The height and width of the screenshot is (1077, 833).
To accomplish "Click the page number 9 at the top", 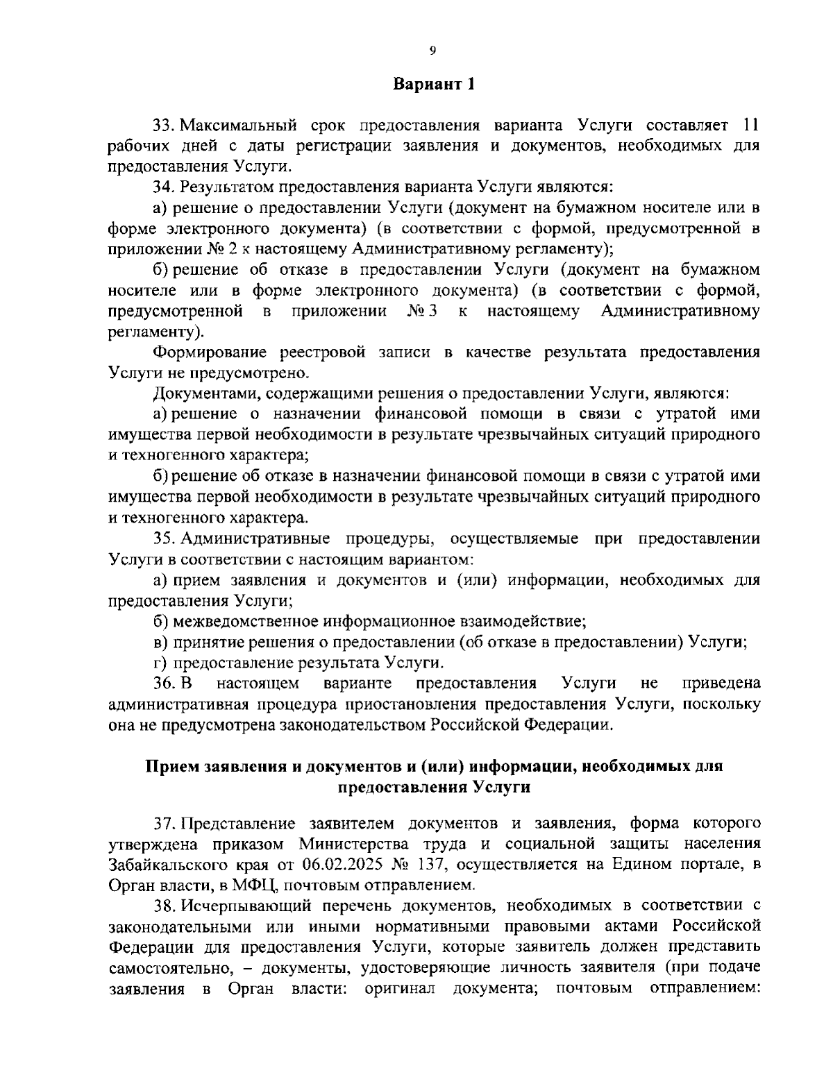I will (x=432, y=49).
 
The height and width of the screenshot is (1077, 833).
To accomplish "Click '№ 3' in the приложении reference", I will (x=423, y=311).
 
